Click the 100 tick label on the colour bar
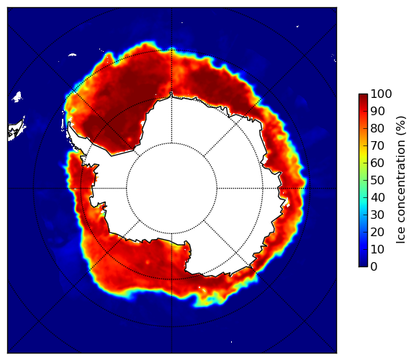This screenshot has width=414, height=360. click(x=381, y=94)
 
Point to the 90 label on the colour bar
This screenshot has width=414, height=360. click(x=377, y=111)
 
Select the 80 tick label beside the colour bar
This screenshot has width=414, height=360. click(x=377, y=129)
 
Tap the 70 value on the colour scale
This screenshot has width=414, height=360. click(x=377, y=145)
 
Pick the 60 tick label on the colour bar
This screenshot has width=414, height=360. click(x=377, y=163)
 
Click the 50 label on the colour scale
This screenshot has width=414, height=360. click(x=377, y=181)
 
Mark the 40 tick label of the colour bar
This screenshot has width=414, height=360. click(x=377, y=197)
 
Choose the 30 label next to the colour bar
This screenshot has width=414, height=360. click(x=377, y=215)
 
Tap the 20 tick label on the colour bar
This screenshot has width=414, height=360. click(x=377, y=232)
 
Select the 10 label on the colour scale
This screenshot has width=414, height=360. click(x=377, y=249)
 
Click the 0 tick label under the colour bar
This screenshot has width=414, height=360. click(x=374, y=267)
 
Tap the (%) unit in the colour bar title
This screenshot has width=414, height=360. click(x=401, y=126)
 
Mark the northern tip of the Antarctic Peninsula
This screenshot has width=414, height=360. click(x=69, y=123)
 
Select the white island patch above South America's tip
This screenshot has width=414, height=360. click(x=17, y=96)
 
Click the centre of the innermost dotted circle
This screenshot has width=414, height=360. click(x=171, y=188)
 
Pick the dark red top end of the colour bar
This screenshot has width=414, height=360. click(x=363, y=96)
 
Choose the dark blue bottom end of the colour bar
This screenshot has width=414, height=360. click(x=363, y=264)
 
